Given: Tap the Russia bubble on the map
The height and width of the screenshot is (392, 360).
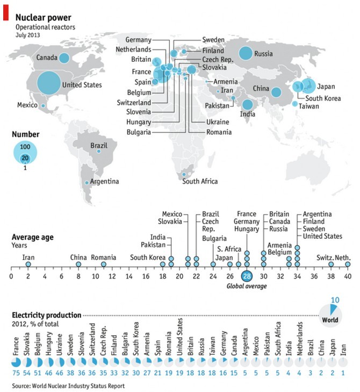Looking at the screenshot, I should pos(246,53).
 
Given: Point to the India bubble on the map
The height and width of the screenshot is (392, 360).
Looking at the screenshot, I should pos(247,105).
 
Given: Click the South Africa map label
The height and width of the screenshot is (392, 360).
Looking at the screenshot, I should pos(200,181).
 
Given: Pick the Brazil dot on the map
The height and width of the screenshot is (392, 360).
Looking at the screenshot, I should pos(99,152).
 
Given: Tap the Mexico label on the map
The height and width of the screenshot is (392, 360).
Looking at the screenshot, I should pos(27,104).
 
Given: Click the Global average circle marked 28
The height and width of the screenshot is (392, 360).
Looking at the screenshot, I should pos(247,276).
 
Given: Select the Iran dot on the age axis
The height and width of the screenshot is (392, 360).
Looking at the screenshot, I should pos(28,265).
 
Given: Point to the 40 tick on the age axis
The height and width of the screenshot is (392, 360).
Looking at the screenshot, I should pos(348,276).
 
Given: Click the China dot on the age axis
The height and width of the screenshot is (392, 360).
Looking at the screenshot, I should pos(78,265).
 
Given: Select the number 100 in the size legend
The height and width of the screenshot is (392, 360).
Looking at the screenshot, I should pos(24,146).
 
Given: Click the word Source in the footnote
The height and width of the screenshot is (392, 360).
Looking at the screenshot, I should pos(21,386).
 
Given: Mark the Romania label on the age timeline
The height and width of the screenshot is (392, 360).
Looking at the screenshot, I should pos(104,258).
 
